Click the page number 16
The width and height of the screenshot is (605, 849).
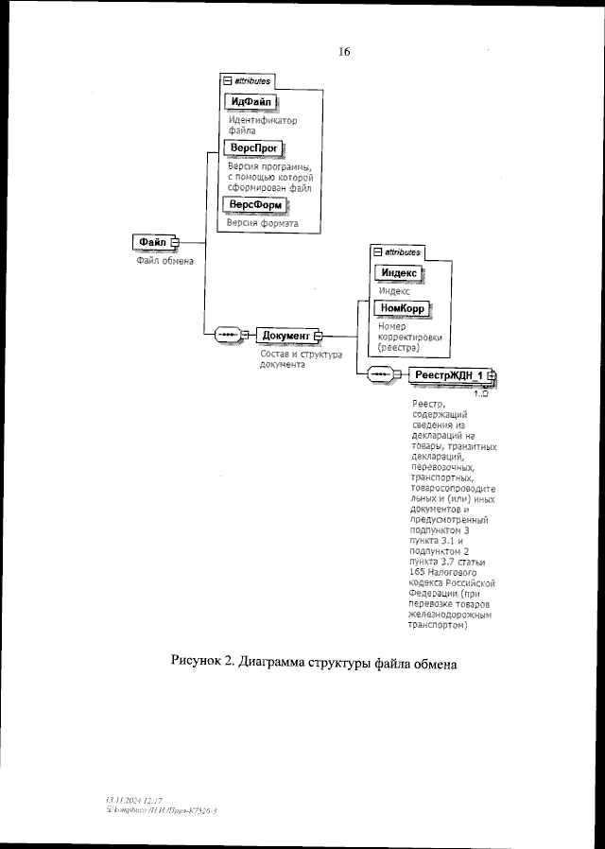(344, 52)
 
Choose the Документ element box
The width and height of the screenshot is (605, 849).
(285, 336)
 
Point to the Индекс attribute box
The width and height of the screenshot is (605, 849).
(399, 274)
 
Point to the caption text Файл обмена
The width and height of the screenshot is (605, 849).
(165, 262)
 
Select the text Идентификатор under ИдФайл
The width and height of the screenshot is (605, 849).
(263, 122)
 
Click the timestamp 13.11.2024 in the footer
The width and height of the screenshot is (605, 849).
(127, 801)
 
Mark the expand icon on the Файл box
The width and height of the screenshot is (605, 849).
(175, 242)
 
